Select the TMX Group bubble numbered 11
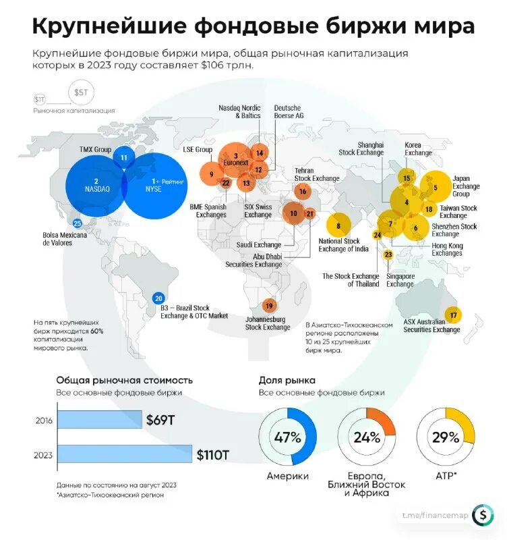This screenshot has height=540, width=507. point(123,157)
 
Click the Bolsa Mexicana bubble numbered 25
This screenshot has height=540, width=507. point(78,223)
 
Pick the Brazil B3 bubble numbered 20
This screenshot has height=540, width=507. point(158,298)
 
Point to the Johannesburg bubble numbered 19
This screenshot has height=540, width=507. point(269,306)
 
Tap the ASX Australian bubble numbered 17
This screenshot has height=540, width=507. point(454,315)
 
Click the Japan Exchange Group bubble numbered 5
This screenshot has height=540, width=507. point(436,187)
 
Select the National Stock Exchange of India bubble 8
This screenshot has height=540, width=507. point(338,225)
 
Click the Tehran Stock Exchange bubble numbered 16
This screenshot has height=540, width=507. point(303,191)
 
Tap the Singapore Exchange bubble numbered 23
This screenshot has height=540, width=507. point(388,254)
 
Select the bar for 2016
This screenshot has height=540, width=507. point(99,420)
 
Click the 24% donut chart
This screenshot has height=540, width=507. point(366,437)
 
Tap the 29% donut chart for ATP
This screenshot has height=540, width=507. point(445,437)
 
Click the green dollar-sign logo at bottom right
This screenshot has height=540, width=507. point(482,516)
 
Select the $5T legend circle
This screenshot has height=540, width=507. point(80,91)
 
